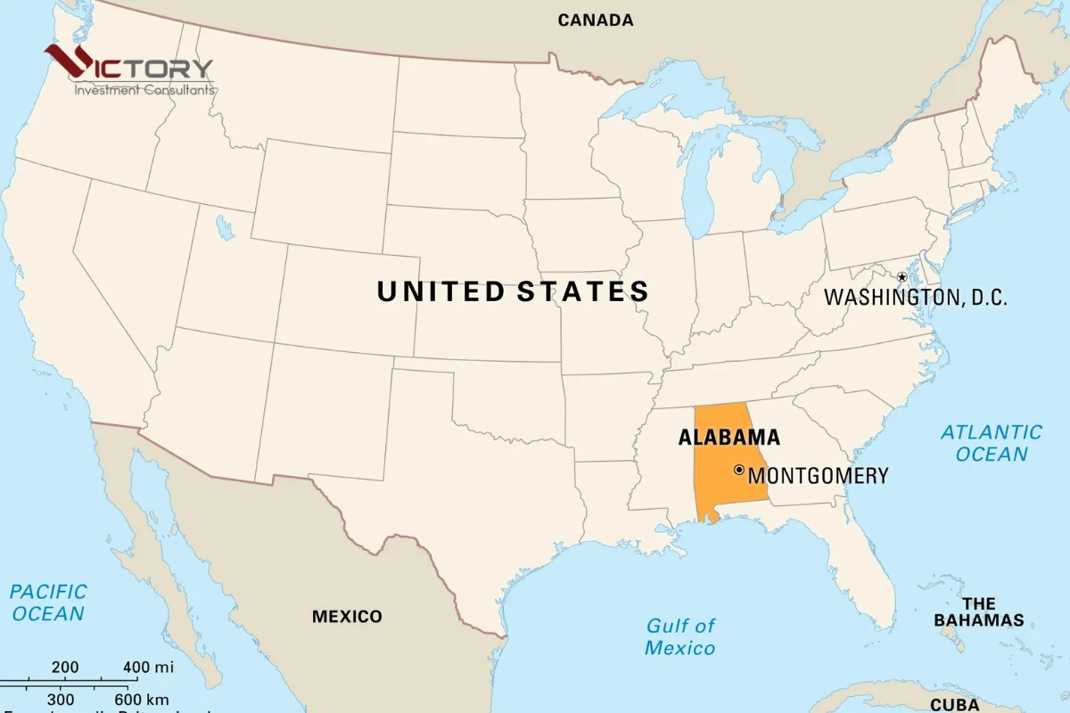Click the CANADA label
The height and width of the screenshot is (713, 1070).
(596, 20)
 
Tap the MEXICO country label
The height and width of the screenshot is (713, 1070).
(347, 617)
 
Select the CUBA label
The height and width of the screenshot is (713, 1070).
(954, 705)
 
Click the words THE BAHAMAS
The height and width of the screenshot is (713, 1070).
(978, 612)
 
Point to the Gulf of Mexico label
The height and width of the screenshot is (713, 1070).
(680, 636)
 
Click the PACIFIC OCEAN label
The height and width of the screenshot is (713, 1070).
(48, 602)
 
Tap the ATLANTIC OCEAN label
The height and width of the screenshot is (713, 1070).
(992, 443)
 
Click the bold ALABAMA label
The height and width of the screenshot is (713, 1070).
(728, 438)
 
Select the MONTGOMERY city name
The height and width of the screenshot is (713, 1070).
(819, 476)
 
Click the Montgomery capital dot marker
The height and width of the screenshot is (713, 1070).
(738, 470)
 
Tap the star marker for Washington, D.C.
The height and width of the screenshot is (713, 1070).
(901, 277)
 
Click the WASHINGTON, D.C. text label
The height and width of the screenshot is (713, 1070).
(915, 298)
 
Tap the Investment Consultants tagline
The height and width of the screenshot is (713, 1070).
(144, 89)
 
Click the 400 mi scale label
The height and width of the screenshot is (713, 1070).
(148, 667)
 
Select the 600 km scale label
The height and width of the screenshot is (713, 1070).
(141, 700)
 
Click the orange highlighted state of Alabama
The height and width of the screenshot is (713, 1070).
(722, 481)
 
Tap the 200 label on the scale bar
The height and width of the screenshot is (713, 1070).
(65, 667)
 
